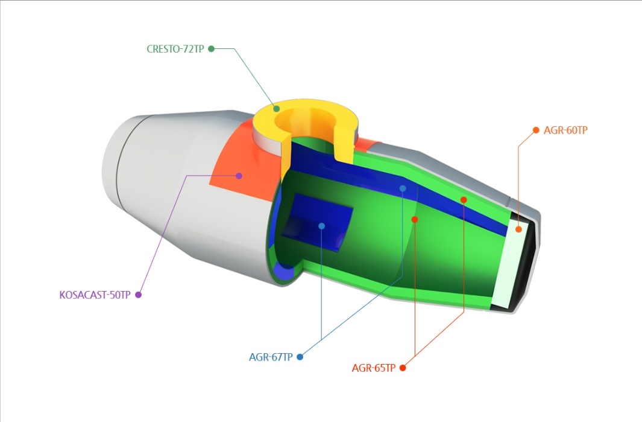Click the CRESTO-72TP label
click(x=175, y=49)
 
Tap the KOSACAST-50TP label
click(x=95, y=295)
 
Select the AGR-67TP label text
click(x=271, y=357)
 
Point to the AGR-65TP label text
click(x=374, y=368)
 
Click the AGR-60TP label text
click(x=565, y=130)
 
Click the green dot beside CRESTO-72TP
click(x=212, y=49)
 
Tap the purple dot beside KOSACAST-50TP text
click(x=138, y=295)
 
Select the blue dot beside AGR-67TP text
click(x=300, y=357)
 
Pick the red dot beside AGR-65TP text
click(x=403, y=368)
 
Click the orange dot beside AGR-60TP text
click(x=536, y=130)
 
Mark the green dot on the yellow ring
click(x=276, y=109)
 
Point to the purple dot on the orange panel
click(x=239, y=176)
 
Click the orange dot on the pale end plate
click(x=518, y=229)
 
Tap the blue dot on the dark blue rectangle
click(x=321, y=226)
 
